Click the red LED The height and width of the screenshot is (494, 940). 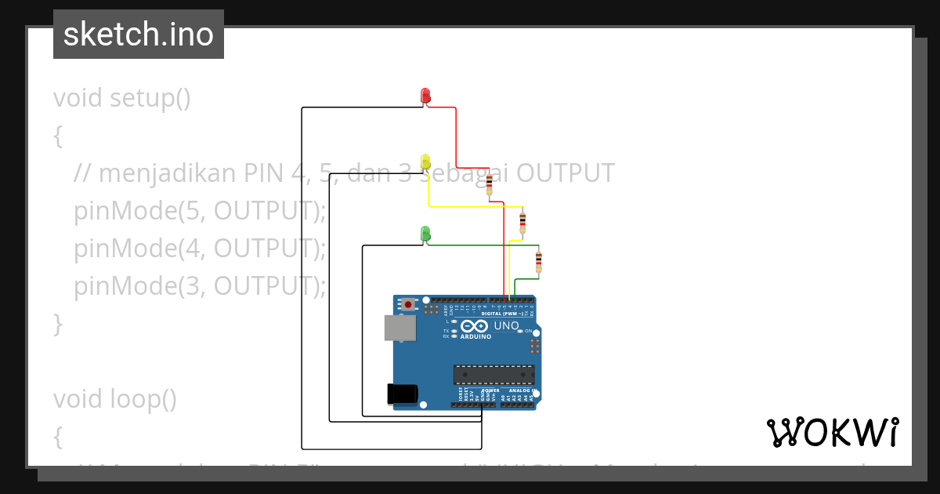click(425, 96)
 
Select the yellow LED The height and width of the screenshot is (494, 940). click(425, 162)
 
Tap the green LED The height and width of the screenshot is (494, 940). click(425, 233)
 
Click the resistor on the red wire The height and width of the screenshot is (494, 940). click(490, 186)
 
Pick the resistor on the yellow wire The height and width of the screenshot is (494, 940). click(522, 223)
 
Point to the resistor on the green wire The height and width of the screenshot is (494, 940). click(538, 261)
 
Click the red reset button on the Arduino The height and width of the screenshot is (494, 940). click(408, 303)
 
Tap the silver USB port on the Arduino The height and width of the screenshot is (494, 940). click(399, 328)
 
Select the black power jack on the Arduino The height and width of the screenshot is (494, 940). click(403, 394)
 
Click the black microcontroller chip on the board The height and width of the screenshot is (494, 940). click(493, 376)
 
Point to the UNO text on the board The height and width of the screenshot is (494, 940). click(507, 325)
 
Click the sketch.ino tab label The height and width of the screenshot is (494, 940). click(139, 35)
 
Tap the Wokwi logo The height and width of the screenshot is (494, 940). click(833, 432)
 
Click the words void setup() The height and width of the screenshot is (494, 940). click(122, 98)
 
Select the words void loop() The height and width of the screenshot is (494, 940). click(115, 399)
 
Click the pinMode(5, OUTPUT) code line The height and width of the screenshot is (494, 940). click(200, 211)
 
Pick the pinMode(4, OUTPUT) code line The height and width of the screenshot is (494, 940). click(200, 249)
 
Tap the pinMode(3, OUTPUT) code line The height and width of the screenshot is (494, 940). click(200, 286)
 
